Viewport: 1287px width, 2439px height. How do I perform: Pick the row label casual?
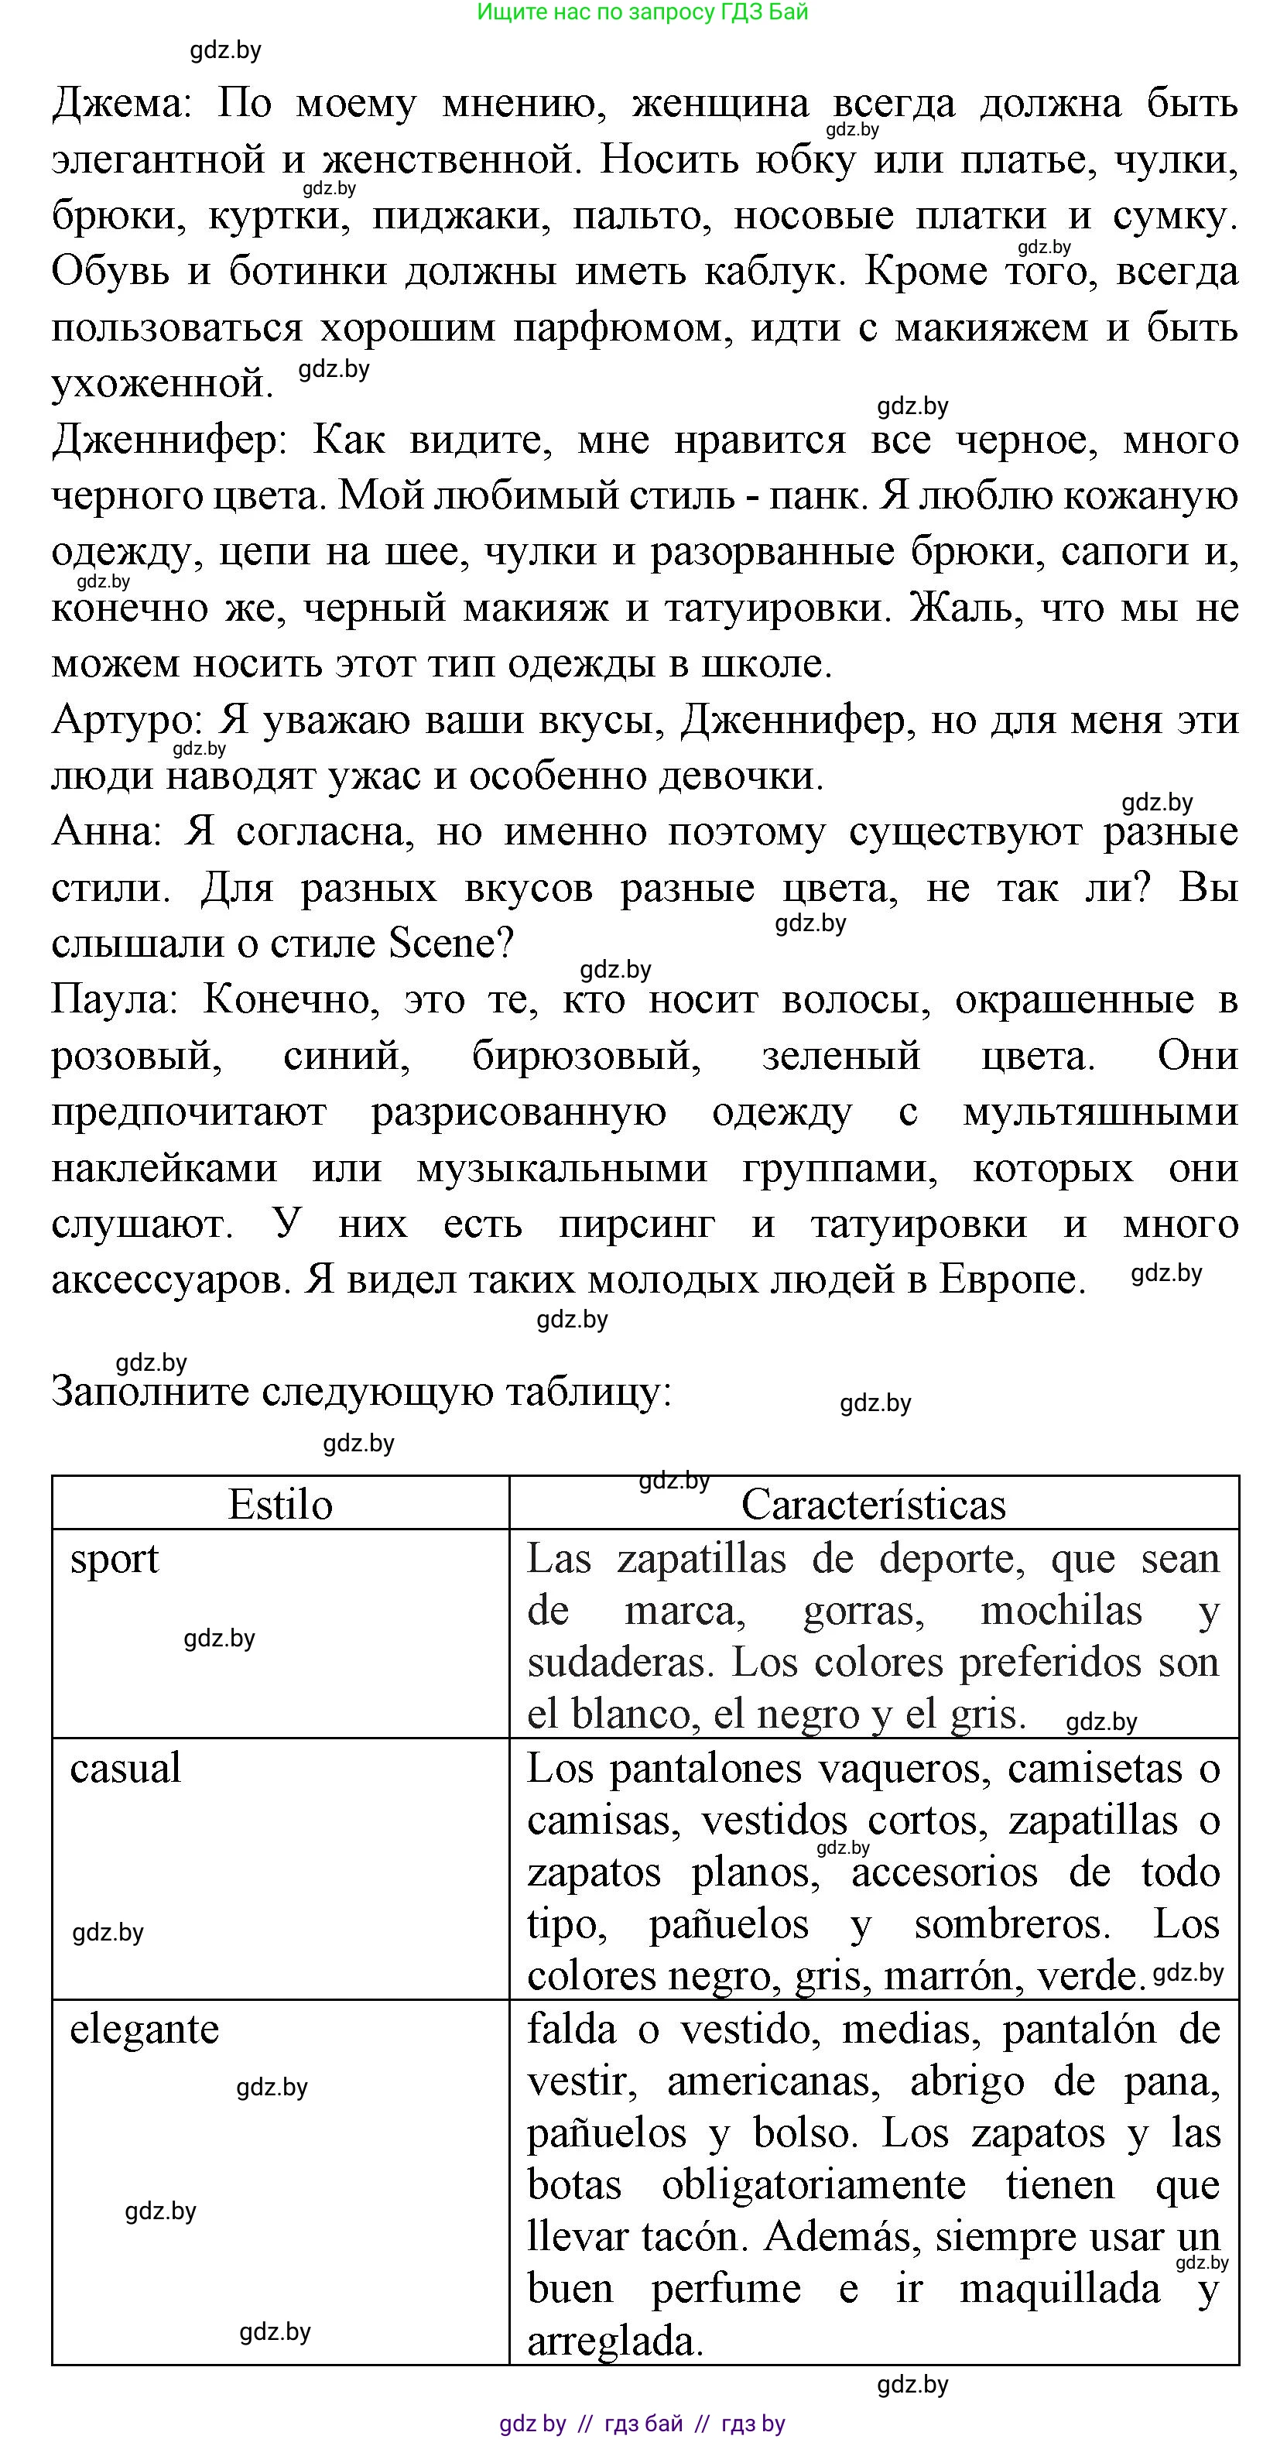point(125,1769)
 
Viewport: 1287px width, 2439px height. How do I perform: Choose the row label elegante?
point(144,2029)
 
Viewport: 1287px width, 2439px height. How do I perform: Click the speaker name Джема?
point(119,103)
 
